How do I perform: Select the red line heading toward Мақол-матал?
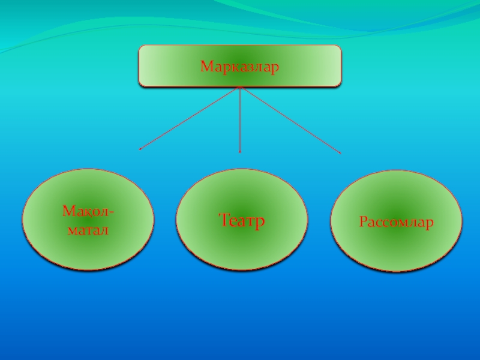[190, 118]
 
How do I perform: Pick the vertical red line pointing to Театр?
[240, 120]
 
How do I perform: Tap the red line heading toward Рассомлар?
[290, 120]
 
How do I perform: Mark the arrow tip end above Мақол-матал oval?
[140, 149]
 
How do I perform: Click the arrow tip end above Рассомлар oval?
[340, 153]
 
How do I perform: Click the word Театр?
[242, 221]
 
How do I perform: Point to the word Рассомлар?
[397, 223]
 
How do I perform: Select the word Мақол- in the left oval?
[89, 212]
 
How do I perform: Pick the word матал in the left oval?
[88, 229]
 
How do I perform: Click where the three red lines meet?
[240, 88]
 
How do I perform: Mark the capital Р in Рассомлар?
[364, 223]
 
